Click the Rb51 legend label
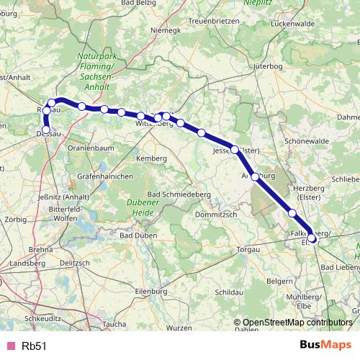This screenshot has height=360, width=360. point(35,346)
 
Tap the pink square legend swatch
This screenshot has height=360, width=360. point(9,346)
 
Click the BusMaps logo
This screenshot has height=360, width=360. point(323,345)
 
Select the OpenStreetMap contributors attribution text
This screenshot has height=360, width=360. point(297,323)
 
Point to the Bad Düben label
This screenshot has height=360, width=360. point(135,235)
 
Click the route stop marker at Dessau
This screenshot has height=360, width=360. point(47,130)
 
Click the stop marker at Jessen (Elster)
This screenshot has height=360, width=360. point(235,150)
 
